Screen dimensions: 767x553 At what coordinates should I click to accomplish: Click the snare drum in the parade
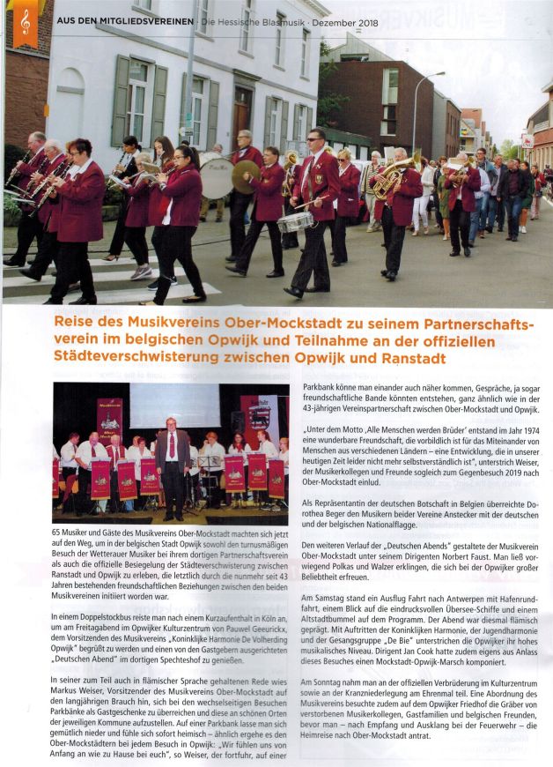pos(295,221)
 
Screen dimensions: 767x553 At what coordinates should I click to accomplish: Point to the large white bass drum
pos(217,176)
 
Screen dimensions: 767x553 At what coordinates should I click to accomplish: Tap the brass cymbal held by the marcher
pos(246,176)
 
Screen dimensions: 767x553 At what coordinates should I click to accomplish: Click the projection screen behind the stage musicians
pos(176,406)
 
